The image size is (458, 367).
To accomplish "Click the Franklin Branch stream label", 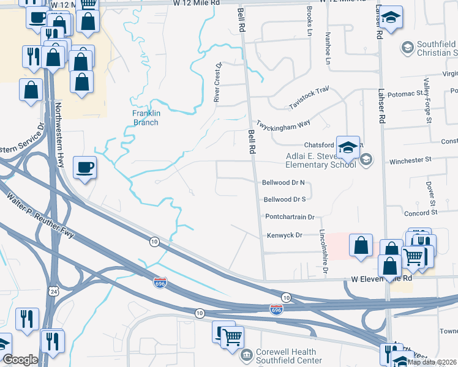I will pyautogui.click(x=146, y=117).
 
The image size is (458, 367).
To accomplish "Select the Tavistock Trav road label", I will pyautogui.click(x=309, y=98).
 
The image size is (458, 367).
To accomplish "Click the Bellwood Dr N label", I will pyautogui.click(x=283, y=183).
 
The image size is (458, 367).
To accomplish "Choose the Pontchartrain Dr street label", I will pyautogui.click(x=290, y=217).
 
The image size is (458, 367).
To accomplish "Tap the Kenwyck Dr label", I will pyautogui.click(x=285, y=235).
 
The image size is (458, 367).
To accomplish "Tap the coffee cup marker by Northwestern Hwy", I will pyautogui.click(x=84, y=167).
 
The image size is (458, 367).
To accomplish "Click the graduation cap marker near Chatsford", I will pyautogui.click(x=348, y=148).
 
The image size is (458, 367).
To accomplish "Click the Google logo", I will pyautogui.click(x=21, y=360).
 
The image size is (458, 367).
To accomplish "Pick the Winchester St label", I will pyautogui.click(x=411, y=160).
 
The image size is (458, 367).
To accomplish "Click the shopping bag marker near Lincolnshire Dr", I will pyautogui.click(x=361, y=245).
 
